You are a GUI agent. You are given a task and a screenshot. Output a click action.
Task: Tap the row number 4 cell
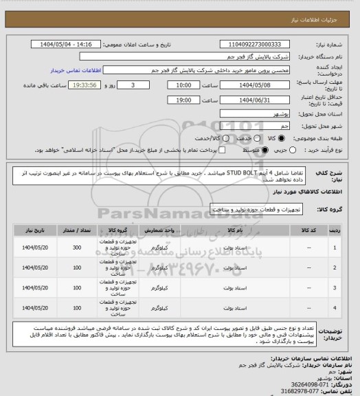[335, 306]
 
